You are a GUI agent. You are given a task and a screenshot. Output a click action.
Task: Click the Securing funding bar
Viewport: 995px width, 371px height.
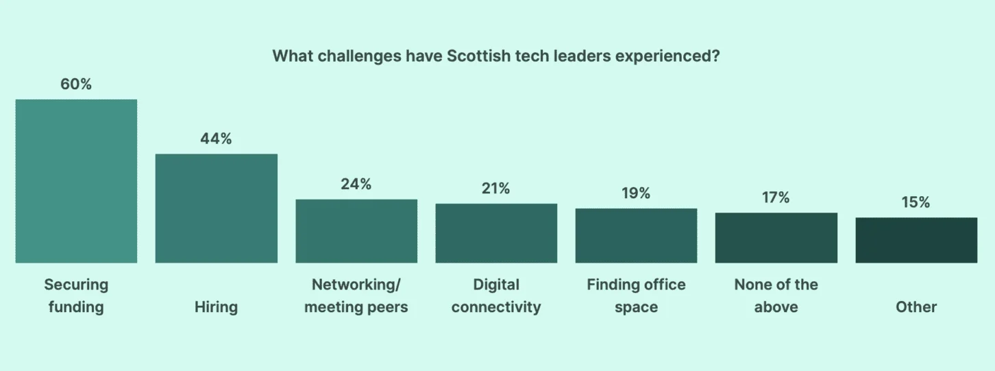click(x=76, y=181)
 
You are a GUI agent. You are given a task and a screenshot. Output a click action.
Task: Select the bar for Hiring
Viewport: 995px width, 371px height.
click(x=217, y=208)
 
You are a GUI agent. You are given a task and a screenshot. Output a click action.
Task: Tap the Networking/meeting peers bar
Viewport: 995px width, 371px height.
click(x=356, y=231)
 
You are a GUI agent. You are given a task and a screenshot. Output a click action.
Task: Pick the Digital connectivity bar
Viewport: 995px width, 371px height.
click(x=496, y=233)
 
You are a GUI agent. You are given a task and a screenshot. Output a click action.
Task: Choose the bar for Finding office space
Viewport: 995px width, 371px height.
click(x=636, y=236)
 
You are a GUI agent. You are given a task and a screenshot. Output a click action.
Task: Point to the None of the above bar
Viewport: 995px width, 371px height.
click(x=776, y=238)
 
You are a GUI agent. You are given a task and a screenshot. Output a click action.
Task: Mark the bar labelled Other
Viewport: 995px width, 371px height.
click(x=916, y=240)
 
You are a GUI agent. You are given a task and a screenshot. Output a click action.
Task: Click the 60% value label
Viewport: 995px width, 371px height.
click(x=76, y=84)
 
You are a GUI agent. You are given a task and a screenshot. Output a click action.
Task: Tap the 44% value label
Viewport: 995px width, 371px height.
click(x=216, y=139)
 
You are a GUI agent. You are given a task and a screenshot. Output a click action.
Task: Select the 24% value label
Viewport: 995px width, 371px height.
click(x=356, y=184)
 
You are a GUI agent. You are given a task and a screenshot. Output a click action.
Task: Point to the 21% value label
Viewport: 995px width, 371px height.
click(x=495, y=189)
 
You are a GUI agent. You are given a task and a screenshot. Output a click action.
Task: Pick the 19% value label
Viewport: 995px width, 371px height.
click(x=636, y=193)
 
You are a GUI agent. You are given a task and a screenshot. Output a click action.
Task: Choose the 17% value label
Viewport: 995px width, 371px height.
click(x=776, y=198)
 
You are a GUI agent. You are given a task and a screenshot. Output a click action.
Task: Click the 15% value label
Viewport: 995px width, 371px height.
click(x=916, y=202)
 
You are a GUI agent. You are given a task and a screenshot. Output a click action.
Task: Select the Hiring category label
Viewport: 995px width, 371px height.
click(x=216, y=307)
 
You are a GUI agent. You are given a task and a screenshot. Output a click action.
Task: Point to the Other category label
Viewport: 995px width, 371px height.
click(x=916, y=307)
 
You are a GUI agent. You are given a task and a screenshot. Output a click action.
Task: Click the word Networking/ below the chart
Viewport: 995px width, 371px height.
click(x=356, y=285)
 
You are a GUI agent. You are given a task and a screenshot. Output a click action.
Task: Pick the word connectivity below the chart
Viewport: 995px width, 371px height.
click(x=496, y=307)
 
